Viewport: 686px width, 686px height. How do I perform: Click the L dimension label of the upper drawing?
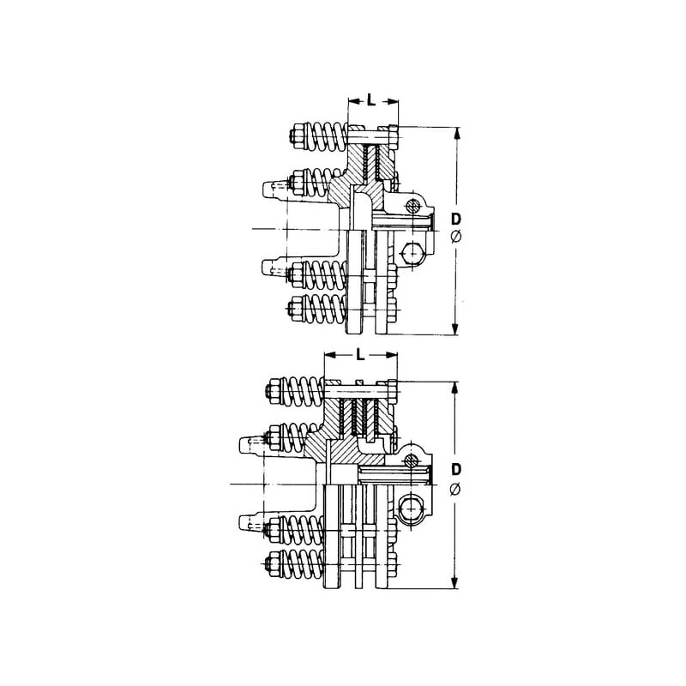[371, 100]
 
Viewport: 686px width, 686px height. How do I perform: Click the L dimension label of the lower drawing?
[360, 354]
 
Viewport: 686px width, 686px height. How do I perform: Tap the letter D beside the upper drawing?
[456, 219]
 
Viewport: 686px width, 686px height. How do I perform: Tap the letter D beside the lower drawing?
[456, 469]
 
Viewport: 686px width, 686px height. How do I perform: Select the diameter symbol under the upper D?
[455, 238]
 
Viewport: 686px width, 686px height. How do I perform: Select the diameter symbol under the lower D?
[455, 488]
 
